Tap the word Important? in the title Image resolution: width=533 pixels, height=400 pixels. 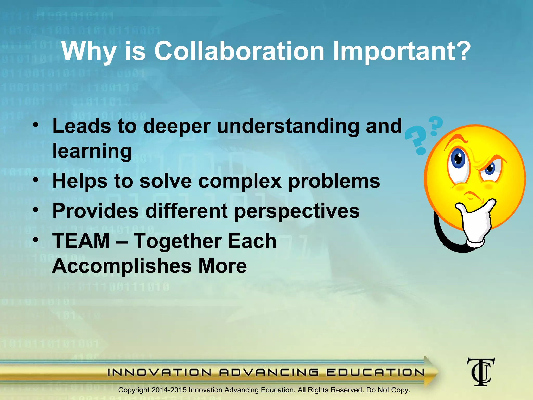point(402,51)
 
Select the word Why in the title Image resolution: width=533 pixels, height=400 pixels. point(89,51)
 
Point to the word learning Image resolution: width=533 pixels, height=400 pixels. point(92,151)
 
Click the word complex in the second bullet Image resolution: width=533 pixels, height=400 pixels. point(240,181)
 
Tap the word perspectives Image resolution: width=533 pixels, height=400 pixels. point(297,211)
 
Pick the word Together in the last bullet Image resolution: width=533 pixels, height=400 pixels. point(177,241)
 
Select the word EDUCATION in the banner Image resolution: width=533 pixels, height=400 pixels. point(375,372)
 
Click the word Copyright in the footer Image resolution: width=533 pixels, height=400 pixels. point(134,390)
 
